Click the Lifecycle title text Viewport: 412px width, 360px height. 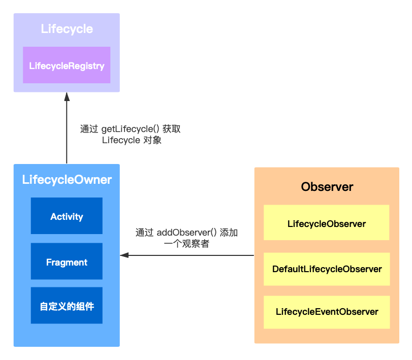point(67,29)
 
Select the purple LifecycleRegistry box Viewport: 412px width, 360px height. point(67,66)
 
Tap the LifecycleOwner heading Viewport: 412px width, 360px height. point(67,180)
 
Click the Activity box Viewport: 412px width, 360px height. point(67,216)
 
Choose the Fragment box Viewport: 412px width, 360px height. point(67,262)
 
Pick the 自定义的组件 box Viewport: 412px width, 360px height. point(67,306)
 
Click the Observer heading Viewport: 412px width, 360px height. point(327,186)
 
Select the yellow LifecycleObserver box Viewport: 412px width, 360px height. point(326,223)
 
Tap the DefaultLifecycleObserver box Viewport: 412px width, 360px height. point(326,269)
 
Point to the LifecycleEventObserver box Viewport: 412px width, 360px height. point(326,312)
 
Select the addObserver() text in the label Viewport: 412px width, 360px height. point(186,233)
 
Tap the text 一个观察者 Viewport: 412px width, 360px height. point(186,244)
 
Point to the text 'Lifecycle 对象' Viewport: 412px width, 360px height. point(132,141)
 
